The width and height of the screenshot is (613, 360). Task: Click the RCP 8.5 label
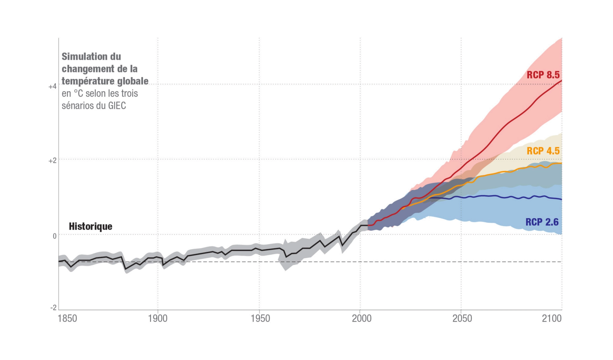543,75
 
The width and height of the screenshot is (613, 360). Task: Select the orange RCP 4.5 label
543,151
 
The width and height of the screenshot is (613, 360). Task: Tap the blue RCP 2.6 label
542,222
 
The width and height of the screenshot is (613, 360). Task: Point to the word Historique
90,226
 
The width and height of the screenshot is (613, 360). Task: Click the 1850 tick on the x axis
67,319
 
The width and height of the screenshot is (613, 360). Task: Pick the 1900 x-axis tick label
158,319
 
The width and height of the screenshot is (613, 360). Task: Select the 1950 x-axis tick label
260,319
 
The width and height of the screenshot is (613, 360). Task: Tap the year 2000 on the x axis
361,319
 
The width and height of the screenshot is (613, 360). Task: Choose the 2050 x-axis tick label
462,319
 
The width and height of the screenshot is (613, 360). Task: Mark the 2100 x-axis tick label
552,319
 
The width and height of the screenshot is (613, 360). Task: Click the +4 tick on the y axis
52,86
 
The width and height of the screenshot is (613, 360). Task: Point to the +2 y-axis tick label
52,161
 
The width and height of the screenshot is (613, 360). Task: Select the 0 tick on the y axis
55,236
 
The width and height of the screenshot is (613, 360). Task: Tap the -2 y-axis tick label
53,308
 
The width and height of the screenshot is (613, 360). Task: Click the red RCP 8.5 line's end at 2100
561,80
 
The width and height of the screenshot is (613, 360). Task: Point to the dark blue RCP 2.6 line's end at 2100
561,199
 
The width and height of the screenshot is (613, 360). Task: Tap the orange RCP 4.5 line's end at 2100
561,163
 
